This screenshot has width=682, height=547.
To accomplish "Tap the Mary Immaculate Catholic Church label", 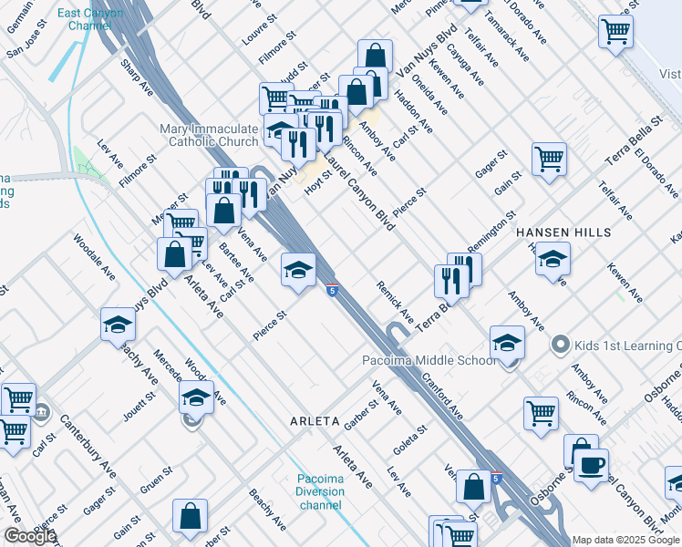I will coord(209,135).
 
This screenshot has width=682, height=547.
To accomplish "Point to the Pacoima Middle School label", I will coord(429,359).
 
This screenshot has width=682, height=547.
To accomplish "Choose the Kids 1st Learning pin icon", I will coord(560,346).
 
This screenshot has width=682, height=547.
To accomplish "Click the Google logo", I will coord(30,537).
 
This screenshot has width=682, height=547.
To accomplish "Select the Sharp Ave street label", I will coord(138,77).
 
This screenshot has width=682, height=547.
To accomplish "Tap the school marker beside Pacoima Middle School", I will coord(508,343).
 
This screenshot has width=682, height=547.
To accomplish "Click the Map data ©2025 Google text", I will coord(625,540).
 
